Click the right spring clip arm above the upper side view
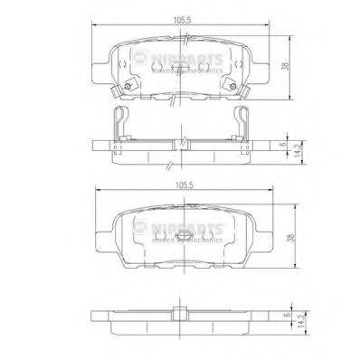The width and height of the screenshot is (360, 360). click(246, 122)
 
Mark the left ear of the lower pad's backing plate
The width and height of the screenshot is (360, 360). click(101, 237)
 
